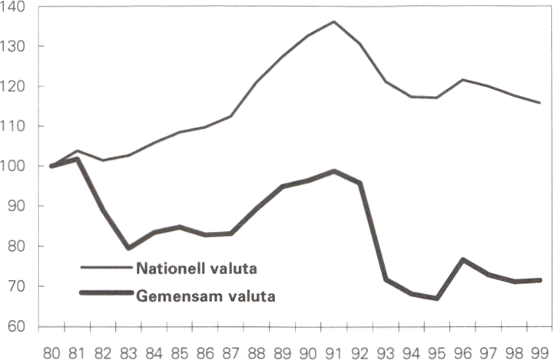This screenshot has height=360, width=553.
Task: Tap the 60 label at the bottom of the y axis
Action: (x=17, y=326)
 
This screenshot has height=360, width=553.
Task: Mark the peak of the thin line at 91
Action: (x=334, y=21)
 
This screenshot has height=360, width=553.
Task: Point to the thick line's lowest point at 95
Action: (x=436, y=298)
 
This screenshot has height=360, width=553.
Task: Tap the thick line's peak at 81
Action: (x=78, y=159)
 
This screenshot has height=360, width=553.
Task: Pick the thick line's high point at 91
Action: (x=334, y=171)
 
